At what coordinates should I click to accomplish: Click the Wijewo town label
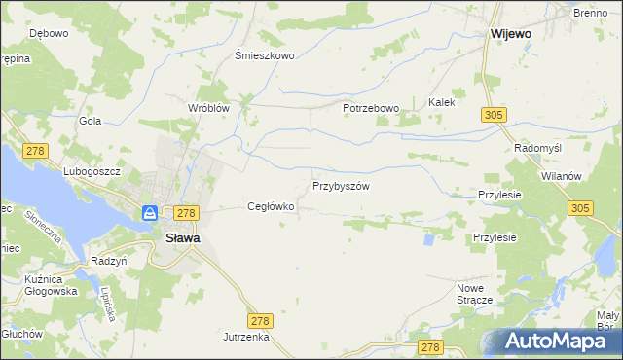tap(511, 33)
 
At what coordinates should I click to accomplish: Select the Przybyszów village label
tap(341, 185)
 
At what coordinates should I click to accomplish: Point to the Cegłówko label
tap(271, 206)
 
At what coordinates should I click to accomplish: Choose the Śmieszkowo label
tap(265, 55)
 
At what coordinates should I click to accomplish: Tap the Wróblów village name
tap(208, 108)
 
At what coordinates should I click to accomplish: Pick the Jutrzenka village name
tap(245, 336)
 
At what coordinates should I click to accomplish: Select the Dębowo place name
tap(49, 33)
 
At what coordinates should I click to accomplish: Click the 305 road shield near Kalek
tap(492, 115)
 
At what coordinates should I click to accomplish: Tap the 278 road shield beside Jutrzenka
tap(259, 320)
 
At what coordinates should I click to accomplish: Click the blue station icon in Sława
tap(150, 212)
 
